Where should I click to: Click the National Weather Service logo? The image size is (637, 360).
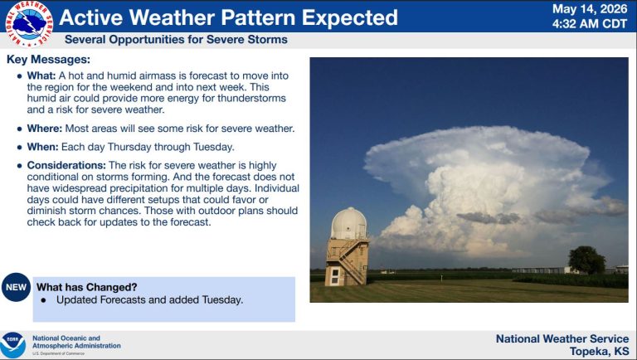point(29,24)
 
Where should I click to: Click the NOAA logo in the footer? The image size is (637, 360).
point(12,345)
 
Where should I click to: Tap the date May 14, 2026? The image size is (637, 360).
point(590,9)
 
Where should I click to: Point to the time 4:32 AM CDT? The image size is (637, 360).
point(590,24)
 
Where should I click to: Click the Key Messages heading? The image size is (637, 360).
point(48,60)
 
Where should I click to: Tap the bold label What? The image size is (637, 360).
point(41,75)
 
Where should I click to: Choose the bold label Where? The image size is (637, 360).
point(45,129)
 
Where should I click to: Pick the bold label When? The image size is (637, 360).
point(42,147)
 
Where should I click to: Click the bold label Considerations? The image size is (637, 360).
point(66,165)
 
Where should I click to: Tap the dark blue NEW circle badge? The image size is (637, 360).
point(17,287)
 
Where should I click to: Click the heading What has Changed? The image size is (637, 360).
point(87,287)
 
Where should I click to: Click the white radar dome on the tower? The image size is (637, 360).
point(349,223)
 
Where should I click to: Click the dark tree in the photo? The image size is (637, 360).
point(586,260)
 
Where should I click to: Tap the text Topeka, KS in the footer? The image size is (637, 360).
point(599,351)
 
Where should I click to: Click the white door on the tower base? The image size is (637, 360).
point(335,276)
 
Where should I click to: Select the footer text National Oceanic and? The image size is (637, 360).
point(66,338)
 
